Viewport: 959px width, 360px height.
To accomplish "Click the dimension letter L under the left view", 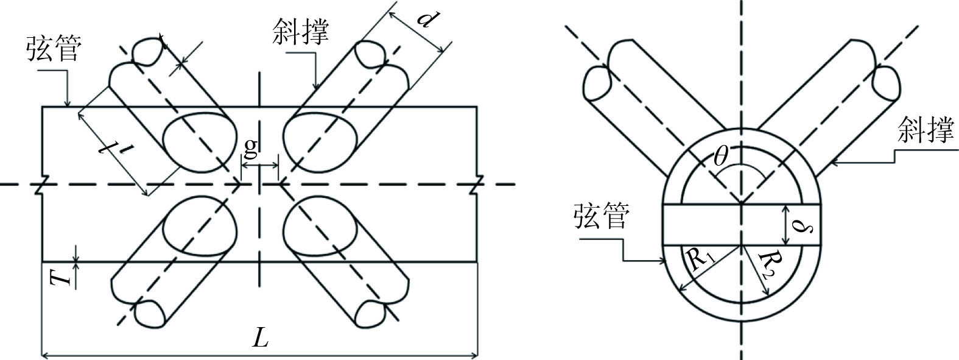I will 261,339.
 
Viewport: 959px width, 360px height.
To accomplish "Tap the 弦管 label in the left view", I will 52,49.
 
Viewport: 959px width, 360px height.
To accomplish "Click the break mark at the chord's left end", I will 41,184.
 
